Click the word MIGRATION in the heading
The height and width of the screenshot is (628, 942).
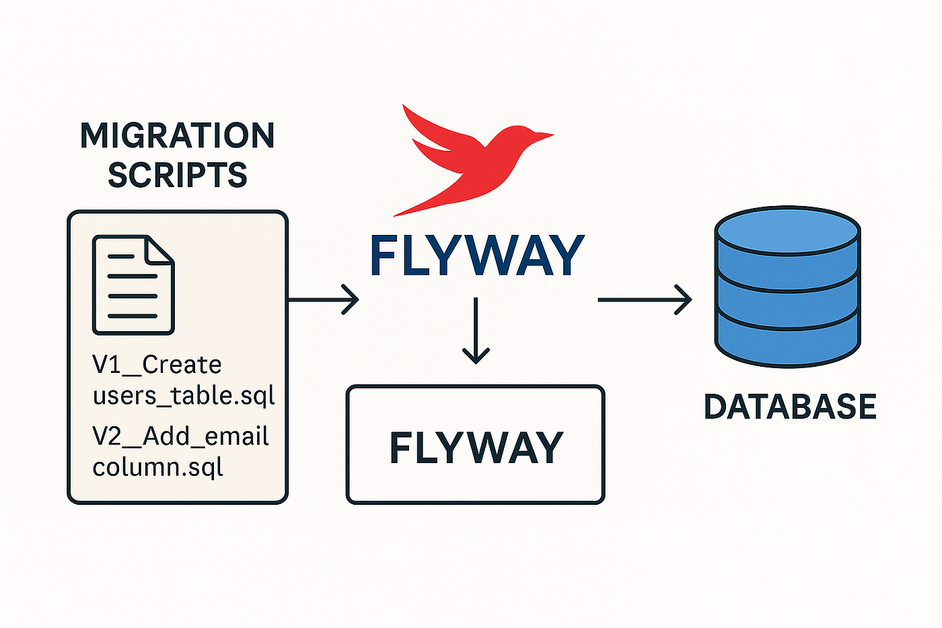(x=177, y=135)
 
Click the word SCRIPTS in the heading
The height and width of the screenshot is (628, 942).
(x=178, y=174)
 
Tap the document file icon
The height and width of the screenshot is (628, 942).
(x=133, y=285)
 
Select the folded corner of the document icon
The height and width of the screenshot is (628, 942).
(x=159, y=250)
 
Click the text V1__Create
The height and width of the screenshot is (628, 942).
(x=157, y=365)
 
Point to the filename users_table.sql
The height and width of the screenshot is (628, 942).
(x=184, y=396)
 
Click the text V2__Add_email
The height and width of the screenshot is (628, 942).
(x=180, y=436)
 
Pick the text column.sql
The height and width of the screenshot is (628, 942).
(x=157, y=467)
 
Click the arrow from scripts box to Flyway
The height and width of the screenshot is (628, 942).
(x=324, y=300)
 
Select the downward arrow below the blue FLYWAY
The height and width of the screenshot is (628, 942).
(x=476, y=330)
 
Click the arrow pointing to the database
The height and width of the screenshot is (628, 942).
(x=645, y=300)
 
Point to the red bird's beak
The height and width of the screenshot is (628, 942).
(x=544, y=136)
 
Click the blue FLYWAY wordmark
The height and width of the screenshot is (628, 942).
(x=477, y=255)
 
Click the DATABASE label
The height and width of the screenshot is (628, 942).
(x=790, y=407)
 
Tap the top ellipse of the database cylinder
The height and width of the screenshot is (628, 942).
(x=788, y=230)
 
